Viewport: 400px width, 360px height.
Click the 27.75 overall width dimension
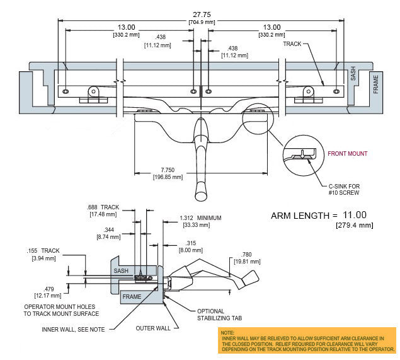202,15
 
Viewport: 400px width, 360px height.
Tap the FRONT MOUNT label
348,153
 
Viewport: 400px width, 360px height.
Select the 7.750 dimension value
168,170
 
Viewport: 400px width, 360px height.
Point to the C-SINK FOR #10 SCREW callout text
344,189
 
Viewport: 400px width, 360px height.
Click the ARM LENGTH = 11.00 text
319,216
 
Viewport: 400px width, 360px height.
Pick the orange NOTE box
307,340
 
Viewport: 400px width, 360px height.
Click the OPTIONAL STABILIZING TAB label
219,315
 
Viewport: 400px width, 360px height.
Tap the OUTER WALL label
153,328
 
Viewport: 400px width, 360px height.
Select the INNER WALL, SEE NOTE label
73,329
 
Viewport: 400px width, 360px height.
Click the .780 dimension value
246,254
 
